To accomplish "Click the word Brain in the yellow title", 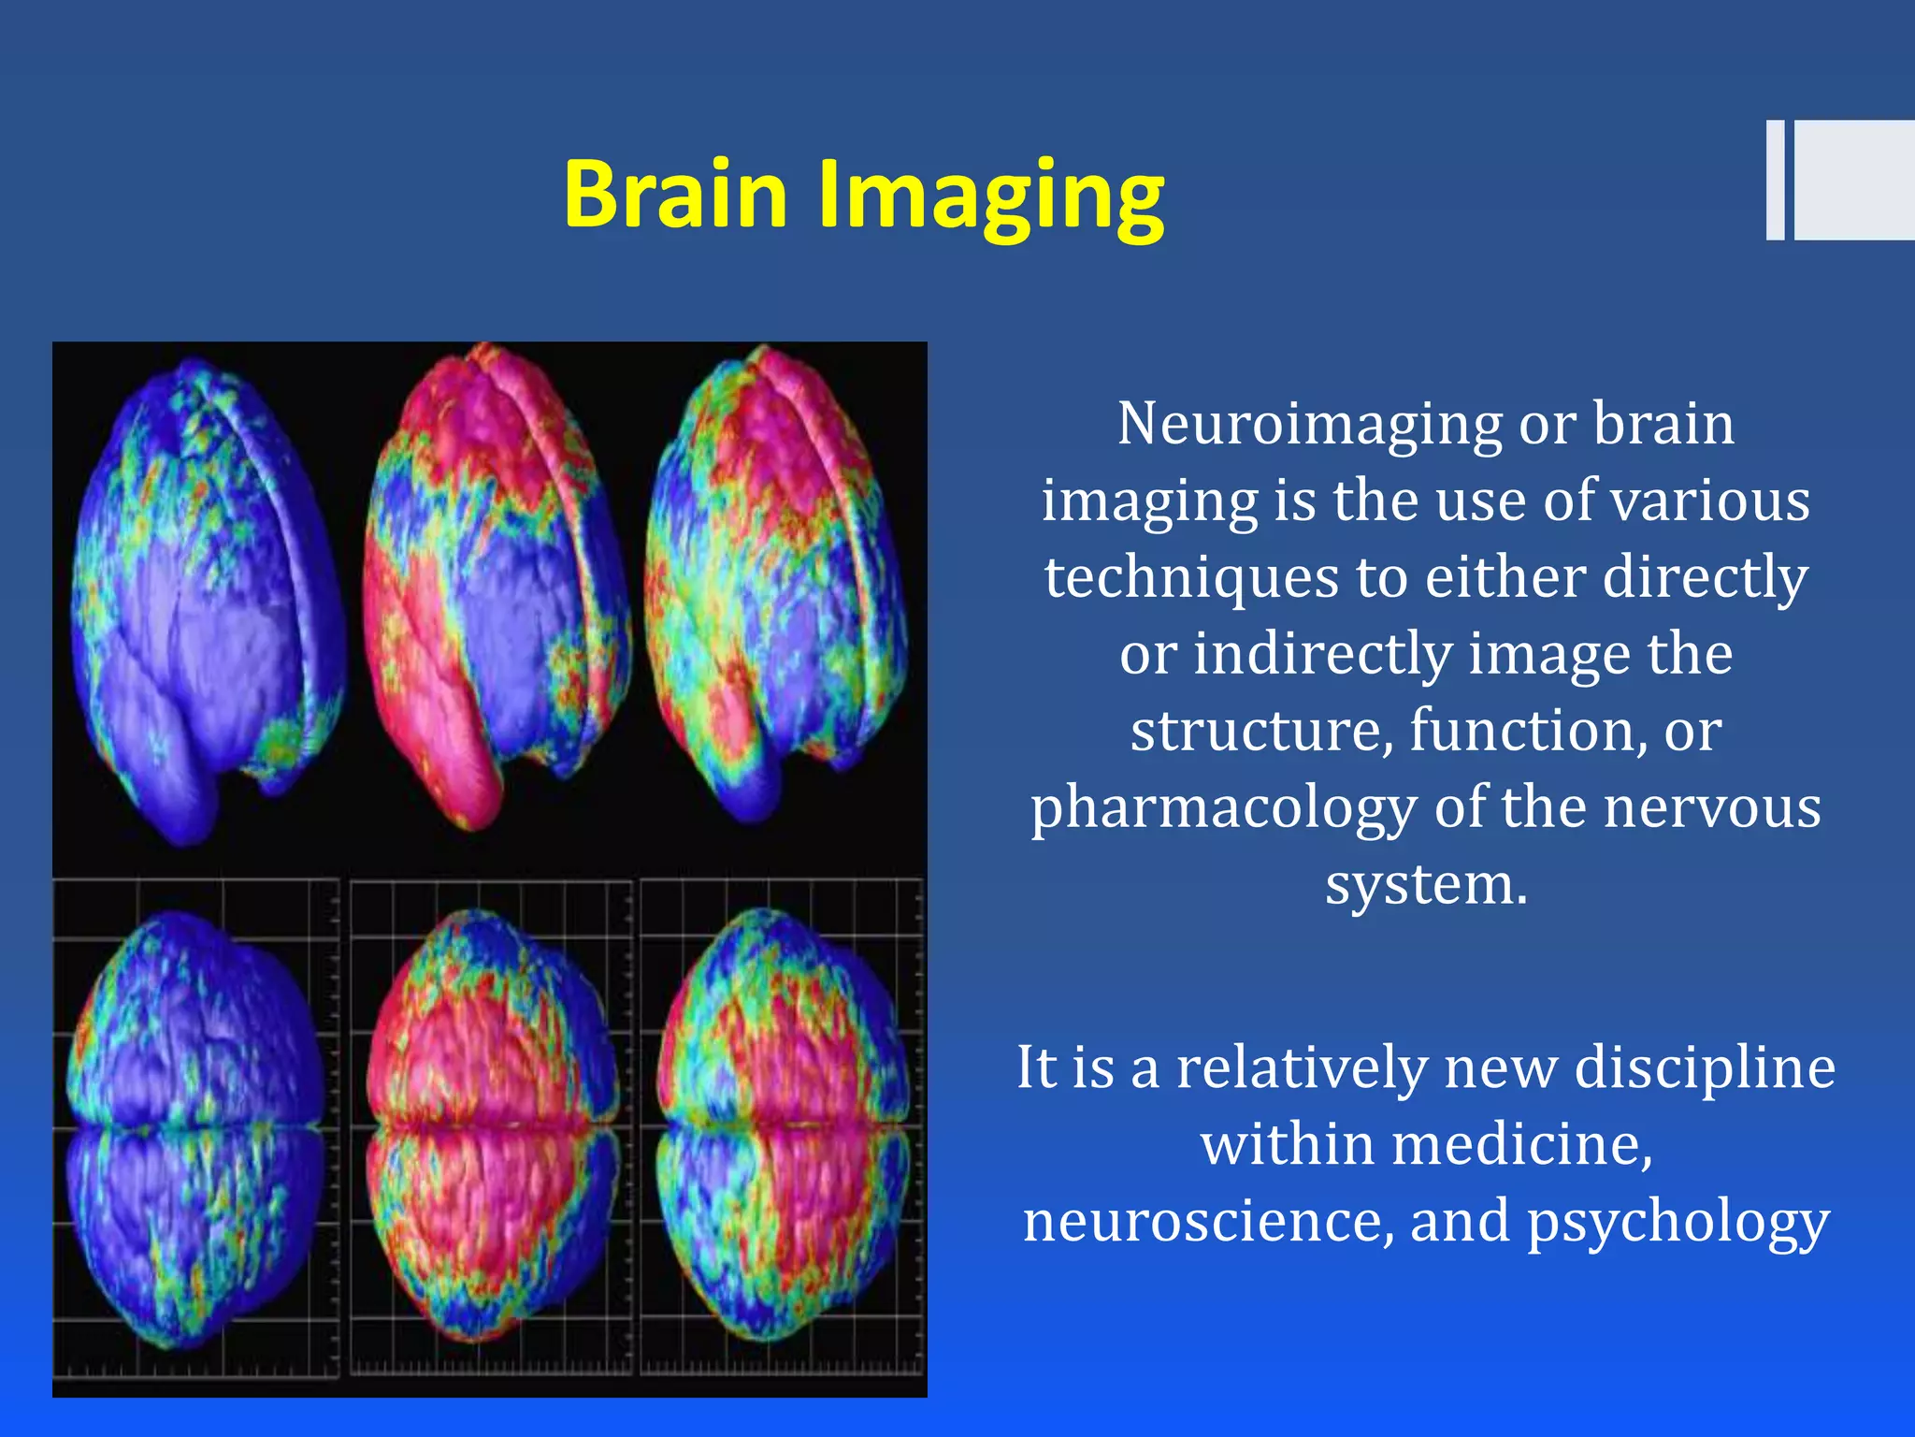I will click(x=675, y=194).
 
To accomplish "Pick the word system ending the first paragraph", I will click(x=1426, y=883).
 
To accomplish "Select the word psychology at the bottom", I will click(x=1677, y=1223).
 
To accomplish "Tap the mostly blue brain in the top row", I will click(x=206, y=599).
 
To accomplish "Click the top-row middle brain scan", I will click(x=496, y=589).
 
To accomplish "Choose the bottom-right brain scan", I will click(x=784, y=1123).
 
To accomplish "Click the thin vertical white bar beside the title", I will click(x=1775, y=180).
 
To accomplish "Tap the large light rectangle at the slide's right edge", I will click(x=1854, y=180).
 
